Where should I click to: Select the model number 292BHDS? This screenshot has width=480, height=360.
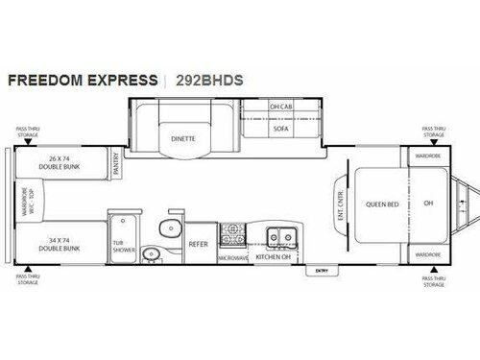click(x=209, y=80)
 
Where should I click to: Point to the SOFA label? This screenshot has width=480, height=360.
click(x=280, y=127)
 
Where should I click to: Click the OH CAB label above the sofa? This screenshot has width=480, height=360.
click(x=280, y=108)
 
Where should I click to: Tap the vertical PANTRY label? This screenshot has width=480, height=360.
click(x=115, y=167)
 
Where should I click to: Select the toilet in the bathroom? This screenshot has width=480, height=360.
click(x=169, y=228)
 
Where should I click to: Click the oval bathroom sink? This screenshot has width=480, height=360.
click(x=149, y=253)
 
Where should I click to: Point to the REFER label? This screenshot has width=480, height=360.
click(x=199, y=245)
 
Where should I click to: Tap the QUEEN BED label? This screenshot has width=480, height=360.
click(x=381, y=204)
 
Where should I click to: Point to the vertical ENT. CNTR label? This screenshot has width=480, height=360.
click(x=340, y=204)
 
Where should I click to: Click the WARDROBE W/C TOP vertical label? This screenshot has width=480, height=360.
click(x=26, y=204)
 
